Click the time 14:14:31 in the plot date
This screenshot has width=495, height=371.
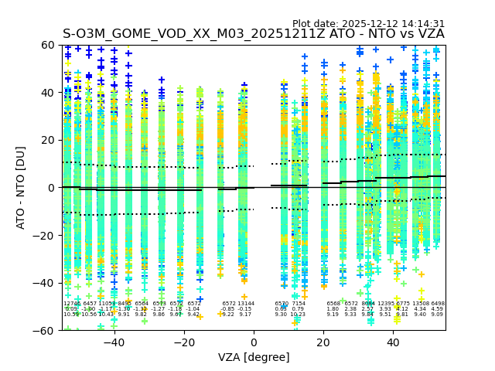[422, 24]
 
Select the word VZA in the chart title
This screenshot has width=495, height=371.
[429, 34]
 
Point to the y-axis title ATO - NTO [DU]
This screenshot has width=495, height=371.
[21, 187]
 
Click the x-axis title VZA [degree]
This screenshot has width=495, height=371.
[254, 357]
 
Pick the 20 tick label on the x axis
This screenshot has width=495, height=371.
[324, 342]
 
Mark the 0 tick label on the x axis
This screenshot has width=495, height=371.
[254, 342]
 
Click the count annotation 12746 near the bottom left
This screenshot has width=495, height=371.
[72, 304]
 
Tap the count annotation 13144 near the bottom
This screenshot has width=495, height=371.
[245, 304]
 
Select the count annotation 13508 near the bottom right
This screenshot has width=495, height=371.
[421, 304]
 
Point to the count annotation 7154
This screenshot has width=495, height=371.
[298, 304]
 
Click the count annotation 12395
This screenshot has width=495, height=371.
[386, 304]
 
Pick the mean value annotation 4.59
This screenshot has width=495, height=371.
[437, 309]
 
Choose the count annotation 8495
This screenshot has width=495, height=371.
[124, 304]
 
